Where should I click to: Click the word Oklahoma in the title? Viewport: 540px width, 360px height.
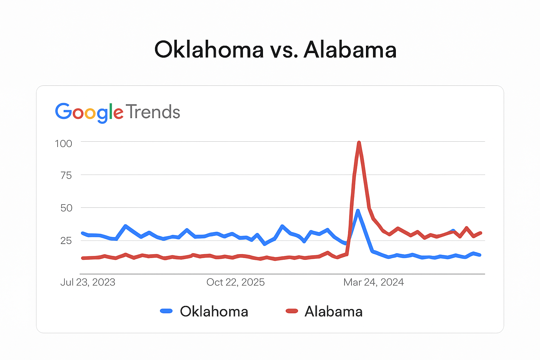click(209, 50)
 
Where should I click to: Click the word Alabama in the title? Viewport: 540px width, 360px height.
click(350, 50)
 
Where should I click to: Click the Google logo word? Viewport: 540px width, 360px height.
click(89, 112)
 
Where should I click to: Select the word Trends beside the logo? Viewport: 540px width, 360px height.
click(153, 112)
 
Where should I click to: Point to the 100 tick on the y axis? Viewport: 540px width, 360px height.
click(63, 143)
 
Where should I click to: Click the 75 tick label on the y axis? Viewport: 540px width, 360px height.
click(66, 175)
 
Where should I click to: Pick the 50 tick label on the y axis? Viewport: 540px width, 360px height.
click(66, 208)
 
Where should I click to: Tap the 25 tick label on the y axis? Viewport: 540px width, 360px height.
click(66, 240)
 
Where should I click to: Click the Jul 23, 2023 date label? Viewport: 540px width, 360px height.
click(88, 282)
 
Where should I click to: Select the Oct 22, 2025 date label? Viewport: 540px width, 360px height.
click(236, 282)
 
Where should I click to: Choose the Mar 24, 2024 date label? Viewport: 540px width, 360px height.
click(373, 282)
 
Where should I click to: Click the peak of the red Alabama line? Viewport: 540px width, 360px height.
click(359, 142)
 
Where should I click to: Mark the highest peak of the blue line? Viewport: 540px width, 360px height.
click(358, 211)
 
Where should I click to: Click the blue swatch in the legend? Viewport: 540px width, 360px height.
click(166, 311)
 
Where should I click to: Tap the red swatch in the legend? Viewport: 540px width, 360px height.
click(292, 311)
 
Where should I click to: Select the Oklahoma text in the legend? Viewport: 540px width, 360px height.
click(214, 311)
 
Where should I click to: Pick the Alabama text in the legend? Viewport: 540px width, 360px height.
click(334, 311)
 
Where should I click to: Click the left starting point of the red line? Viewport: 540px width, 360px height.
click(82, 258)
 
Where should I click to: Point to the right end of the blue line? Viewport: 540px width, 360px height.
click(480, 255)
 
